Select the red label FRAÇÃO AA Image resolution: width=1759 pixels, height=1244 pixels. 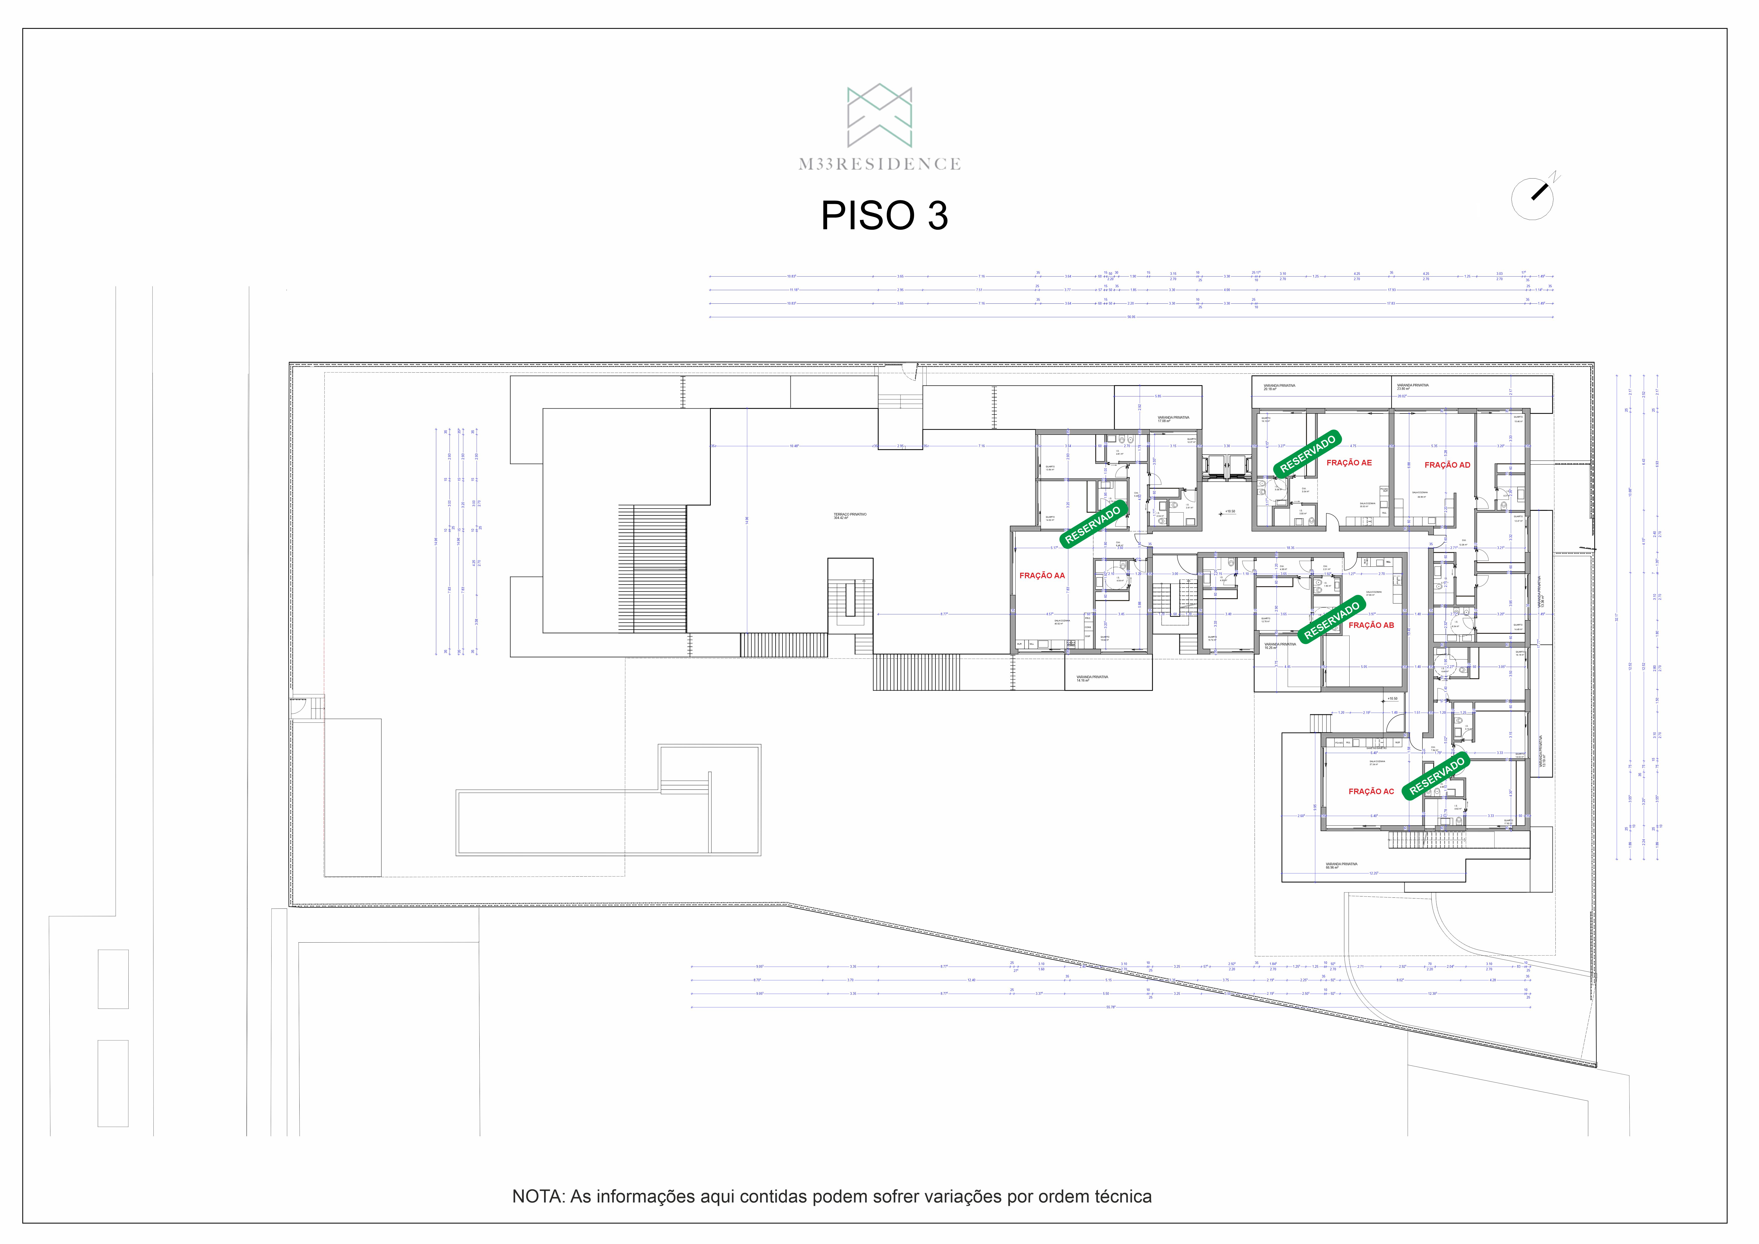point(1042,576)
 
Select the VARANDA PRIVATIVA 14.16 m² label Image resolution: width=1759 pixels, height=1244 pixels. point(1092,678)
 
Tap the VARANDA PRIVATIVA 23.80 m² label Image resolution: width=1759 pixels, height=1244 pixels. point(1412,387)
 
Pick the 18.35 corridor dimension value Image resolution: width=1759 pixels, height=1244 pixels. point(1290,548)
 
